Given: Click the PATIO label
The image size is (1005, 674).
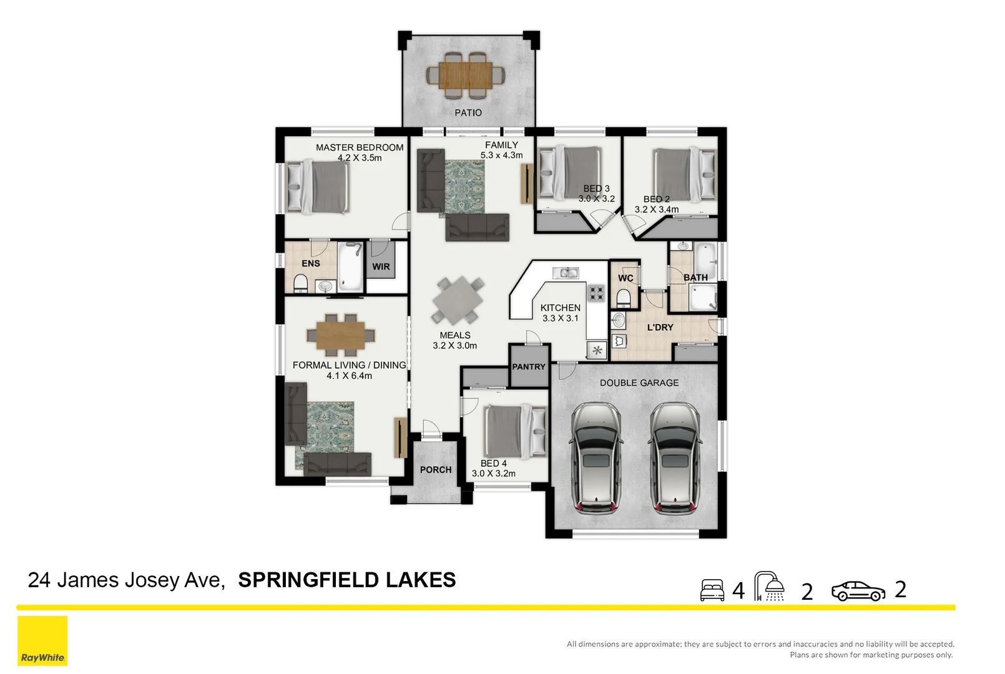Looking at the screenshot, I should (468, 113).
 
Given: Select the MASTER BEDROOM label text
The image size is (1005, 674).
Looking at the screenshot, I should (359, 147).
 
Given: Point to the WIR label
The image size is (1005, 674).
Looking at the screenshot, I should (381, 266).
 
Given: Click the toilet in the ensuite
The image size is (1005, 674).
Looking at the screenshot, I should (300, 284).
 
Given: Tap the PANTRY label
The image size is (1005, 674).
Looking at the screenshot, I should (528, 367).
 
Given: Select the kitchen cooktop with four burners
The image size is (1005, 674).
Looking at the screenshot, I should (596, 293).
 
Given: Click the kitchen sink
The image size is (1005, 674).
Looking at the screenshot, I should (566, 273).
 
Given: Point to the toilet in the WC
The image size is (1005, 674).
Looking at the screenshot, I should (624, 297).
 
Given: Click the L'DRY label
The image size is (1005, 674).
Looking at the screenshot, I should (660, 327).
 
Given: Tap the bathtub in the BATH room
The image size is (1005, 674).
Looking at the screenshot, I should (705, 258).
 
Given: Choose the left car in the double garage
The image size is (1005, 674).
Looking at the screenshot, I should (596, 457).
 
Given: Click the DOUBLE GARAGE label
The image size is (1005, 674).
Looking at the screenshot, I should (639, 383).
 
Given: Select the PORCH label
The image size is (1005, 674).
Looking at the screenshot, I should (435, 470).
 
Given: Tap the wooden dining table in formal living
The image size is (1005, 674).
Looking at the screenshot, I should (341, 335).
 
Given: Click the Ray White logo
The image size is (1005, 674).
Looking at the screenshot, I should (42, 641).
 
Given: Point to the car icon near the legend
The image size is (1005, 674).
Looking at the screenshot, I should (858, 591).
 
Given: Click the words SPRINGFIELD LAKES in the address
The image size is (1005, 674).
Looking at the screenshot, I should (346, 580).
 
